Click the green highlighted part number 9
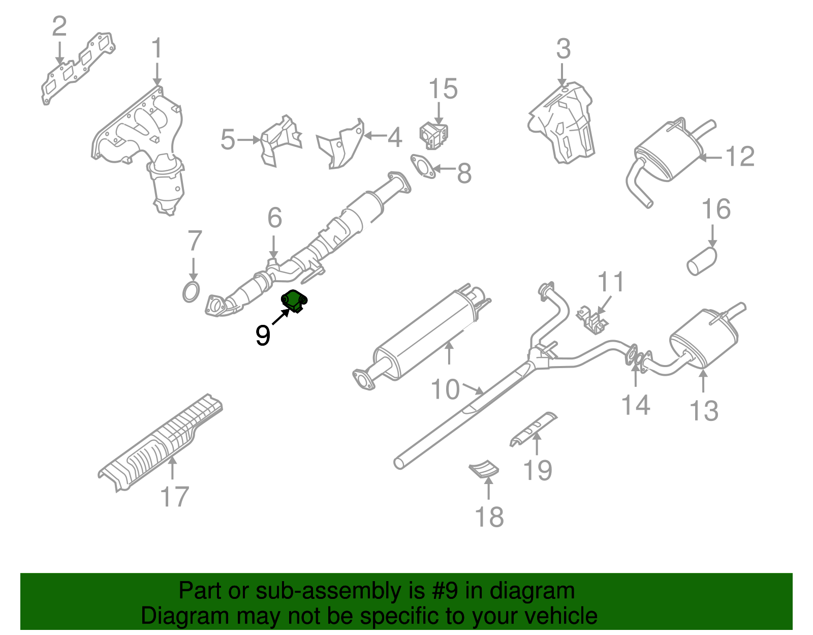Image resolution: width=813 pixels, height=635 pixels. coord(294,300)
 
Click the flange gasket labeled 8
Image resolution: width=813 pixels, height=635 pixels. coord(422,167)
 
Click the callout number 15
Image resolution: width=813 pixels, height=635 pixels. coord(443,89)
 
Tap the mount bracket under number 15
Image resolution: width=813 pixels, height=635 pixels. coord(433,135)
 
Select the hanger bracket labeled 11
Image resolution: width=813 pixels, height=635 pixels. coord(591,319)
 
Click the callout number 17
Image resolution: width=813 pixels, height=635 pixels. coord(174,497)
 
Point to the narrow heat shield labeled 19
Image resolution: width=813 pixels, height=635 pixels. coord(533,429)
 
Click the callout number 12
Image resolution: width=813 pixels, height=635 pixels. coord(740,156)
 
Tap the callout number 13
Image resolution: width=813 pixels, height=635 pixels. coord(704,410)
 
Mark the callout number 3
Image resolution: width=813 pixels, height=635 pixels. coord(563,49)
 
